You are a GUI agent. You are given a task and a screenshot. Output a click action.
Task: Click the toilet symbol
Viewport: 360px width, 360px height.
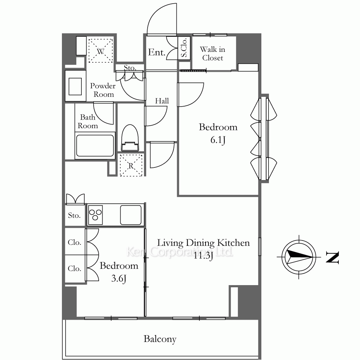click(130, 138)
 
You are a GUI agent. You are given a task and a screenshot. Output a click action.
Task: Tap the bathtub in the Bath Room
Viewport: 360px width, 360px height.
click(95, 145)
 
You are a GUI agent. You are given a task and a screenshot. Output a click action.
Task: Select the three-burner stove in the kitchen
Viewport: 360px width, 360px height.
click(95, 215)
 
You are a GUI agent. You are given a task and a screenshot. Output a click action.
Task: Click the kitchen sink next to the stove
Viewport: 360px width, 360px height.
click(131, 215)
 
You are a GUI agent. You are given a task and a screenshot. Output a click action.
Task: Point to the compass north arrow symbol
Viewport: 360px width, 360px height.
click(299, 257)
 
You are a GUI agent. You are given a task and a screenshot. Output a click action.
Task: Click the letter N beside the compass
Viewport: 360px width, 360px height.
click(332, 257)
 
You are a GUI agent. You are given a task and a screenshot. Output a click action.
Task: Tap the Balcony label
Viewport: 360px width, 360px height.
click(160, 339)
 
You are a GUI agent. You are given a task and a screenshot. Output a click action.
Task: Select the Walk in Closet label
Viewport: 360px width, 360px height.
click(213, 54)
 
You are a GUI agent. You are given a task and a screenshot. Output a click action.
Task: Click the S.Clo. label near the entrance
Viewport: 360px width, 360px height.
click(184, 48)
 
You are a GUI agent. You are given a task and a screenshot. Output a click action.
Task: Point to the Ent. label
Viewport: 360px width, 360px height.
click(157, 52)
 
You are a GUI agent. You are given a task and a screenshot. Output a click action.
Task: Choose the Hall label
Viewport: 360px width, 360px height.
click(162, 101)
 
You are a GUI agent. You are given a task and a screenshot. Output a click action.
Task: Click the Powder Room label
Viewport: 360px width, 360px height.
click(103, 90)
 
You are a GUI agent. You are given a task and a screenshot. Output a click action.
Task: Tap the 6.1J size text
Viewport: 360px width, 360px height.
click(218, 140)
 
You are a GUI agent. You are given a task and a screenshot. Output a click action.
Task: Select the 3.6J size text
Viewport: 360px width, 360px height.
click(119, 279)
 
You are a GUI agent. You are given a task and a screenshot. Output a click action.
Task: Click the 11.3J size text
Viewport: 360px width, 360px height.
click(203, 256)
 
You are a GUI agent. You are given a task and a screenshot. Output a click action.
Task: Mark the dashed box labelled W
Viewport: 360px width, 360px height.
click(101, 50)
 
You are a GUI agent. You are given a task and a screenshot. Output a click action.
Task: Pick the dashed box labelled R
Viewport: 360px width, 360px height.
click(131, 165)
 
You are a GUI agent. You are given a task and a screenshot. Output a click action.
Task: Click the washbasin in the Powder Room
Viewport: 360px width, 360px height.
click(75, 86)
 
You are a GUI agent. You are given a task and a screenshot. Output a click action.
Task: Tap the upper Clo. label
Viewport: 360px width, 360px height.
click(75, 242)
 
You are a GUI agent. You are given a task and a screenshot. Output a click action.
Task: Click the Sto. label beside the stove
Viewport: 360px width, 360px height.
click(75, 215)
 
